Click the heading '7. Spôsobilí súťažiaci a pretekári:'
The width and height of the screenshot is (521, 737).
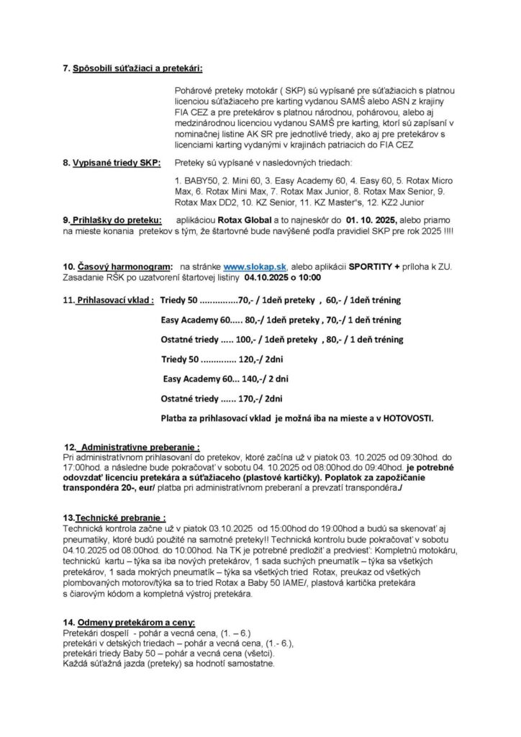[132, 68]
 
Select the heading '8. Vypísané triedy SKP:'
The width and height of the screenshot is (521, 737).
[112, 163]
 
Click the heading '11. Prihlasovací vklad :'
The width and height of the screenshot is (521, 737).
[114, 299]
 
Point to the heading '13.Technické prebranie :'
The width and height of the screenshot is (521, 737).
[115, 517]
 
